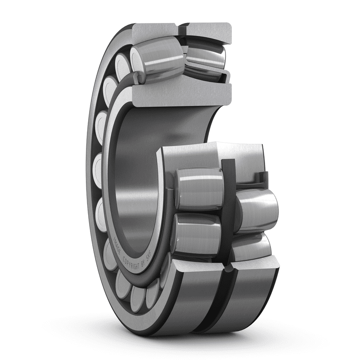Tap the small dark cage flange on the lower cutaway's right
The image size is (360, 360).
[263, 178]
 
